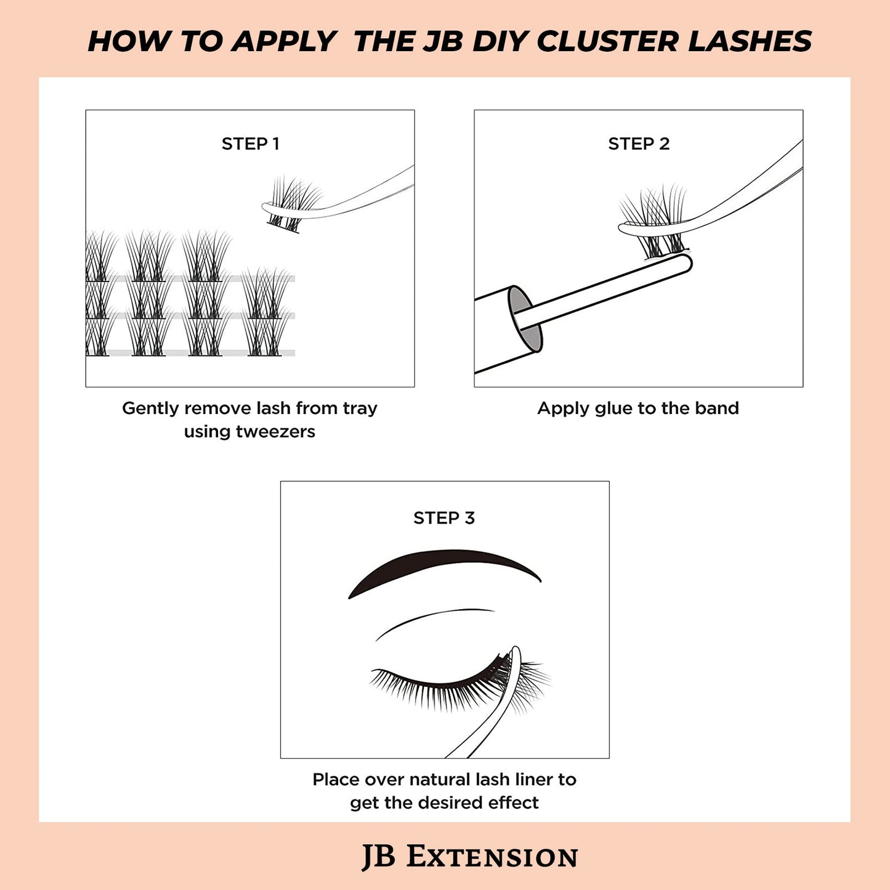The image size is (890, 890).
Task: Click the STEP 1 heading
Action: tap(250, 144)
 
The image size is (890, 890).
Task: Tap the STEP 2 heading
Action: tap(639, 144)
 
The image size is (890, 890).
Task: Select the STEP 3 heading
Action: tap(444, 518)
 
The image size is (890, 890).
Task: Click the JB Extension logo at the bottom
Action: tap(469, 857)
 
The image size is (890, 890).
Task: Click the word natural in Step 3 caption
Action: tap(440, 780)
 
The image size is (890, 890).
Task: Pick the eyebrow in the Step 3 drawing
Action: tap(443, 565)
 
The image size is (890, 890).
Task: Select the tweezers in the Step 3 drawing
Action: tap(493, 708)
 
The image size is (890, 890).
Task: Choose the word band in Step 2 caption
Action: tap(717, 408)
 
